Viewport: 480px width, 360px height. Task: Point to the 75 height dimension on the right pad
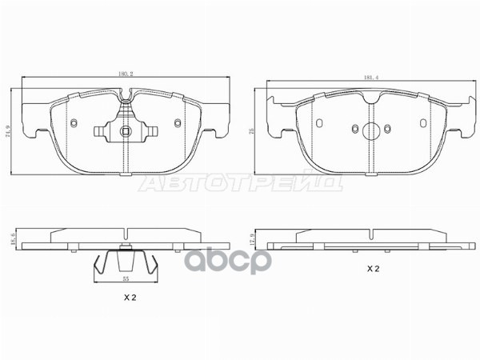point(253,134)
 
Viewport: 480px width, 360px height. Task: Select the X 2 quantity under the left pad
point(130,298)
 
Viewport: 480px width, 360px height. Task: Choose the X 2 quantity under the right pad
point(372,270)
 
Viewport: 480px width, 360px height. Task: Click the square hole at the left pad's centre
point(124,133)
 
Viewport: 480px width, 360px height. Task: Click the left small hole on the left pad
point(74,123)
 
